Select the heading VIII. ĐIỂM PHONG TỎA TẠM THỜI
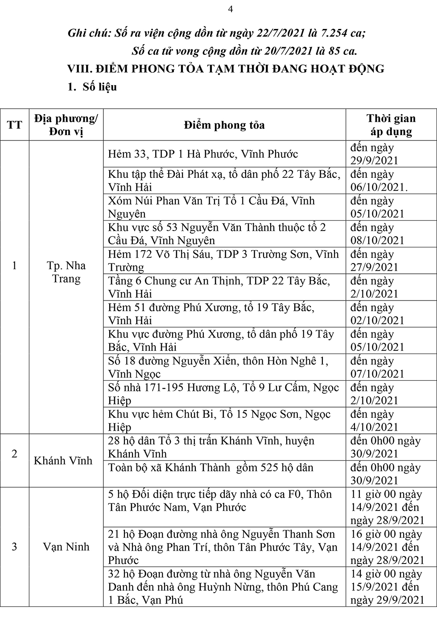pos(226,69)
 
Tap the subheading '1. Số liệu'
pos(92,87)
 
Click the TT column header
pos(14,125)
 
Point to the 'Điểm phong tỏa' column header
pos(224,125)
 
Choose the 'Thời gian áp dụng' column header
pos(391,125)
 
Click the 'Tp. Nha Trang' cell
pos(66,272)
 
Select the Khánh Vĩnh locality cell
pos(63,461)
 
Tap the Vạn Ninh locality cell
pos(66,547)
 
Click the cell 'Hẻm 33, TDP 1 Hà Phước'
pos(203,154)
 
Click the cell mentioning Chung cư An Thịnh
pos(219,287)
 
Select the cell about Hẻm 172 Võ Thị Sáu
pos(223,261)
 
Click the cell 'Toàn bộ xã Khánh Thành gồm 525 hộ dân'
pos(210,468)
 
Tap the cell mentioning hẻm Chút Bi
pos(219,420)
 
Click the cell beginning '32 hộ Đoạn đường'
pos(223,587)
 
